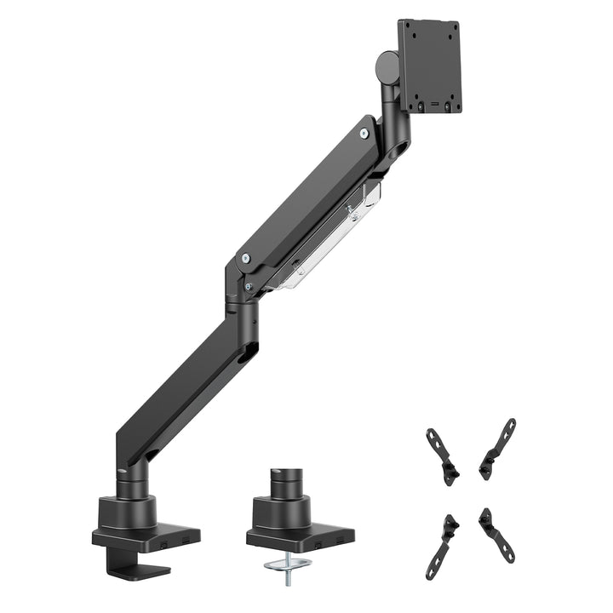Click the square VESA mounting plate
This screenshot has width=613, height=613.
[x=429, y=66]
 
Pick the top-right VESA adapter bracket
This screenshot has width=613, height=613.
[x=498, y=447]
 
